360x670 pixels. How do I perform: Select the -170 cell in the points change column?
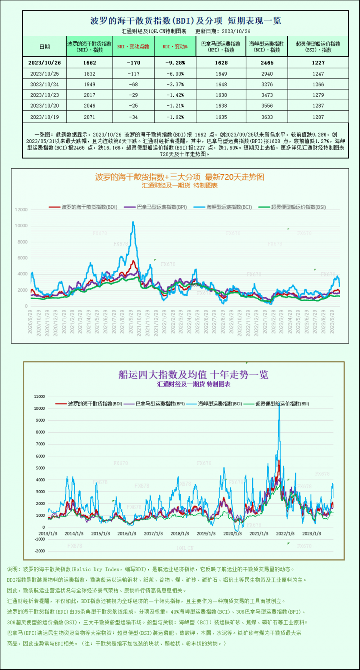pyautogui.click(x=133, y=63)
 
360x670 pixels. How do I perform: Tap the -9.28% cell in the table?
pyautogui.click(x=175, y=63)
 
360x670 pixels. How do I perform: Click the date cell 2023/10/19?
pyautogui.click(x=44, y=116)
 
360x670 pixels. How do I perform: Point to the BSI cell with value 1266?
pyautogui.click(x=318, y=84)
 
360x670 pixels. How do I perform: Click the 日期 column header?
pyautogui.click(x=44, y=46)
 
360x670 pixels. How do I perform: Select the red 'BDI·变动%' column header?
pyautogui.click(x=175, y=46)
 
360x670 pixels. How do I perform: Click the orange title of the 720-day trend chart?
pyautogui.click(x=180, y=177)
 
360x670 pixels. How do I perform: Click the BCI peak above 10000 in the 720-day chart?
pyautogui.click(x=133, y=223)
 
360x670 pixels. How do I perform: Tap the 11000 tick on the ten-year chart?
pyautogui.click(x=39, y=397)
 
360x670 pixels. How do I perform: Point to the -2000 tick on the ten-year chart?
pyautogui.click(x=39, y=551)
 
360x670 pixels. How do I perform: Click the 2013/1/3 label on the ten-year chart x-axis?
pyautogui.click(x=48, y=534)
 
